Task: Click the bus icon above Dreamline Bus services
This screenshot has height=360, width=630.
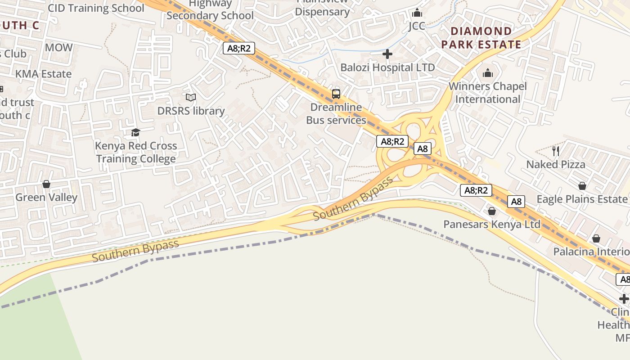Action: (x=336, y=94)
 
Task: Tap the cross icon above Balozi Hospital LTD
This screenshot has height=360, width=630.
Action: (x=387, y=54)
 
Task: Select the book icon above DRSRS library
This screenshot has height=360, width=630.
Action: (x=191, y=97)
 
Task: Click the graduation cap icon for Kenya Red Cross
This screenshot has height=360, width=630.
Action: (x=135, y=132)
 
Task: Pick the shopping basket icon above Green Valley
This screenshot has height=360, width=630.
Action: (x=46, y=184)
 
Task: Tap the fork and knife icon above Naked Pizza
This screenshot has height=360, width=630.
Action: (x=556, y=151)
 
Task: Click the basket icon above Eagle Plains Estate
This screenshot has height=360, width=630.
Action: (x=582, y=185)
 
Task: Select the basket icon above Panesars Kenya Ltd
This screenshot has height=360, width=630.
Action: (x=492, y=211)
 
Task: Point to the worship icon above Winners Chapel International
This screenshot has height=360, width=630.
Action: (x=488, y=73)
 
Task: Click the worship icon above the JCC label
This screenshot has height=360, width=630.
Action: (x=417, y=13)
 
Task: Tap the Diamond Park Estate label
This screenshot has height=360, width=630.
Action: (x=481, y=38)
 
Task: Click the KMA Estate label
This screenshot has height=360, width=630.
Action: (x=44, y=74)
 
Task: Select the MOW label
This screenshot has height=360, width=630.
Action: (x=58, y=47)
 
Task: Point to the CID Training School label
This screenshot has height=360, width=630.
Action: (x=96, y=8)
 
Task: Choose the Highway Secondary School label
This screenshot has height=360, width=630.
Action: (x=210, y=10)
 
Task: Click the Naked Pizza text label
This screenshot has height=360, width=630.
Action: (x=556, y=164)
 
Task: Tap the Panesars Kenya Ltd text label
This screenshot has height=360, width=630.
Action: (x=492, y=224)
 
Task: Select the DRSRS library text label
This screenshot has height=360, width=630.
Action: (x=191, y=111)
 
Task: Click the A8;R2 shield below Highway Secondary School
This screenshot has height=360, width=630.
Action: (x=239, y=48)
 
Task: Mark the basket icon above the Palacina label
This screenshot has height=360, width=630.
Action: (x=596, y=238)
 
